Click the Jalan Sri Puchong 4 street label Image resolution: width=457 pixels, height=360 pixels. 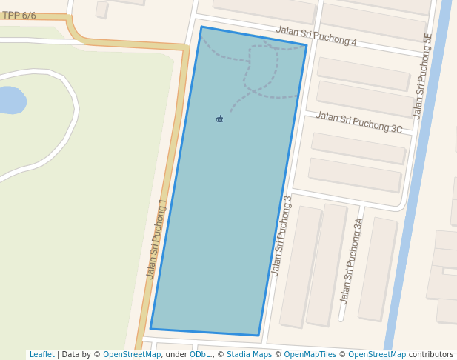(x=316, y=36)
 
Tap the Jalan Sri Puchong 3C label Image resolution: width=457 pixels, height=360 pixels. (x=358, y=122)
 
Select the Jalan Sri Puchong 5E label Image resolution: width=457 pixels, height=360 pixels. (x=423, y=76)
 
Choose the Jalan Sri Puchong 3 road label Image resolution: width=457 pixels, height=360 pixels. (x=282, y=236)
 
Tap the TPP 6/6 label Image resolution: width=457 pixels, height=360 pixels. (x=19, y=16)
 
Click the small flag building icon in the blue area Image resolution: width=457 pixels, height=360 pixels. (x=220, y=119)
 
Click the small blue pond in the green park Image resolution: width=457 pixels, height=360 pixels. (x=11, y=100)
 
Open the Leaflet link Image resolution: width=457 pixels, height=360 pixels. (x=41, y=355)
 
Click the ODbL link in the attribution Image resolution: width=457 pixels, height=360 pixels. (x=200, y=355)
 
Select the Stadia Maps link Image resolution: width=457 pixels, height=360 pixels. (x=249, y=355)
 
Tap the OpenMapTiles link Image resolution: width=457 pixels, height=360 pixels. (x=310, y=355)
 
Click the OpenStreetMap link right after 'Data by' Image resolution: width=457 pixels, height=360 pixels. (x=132, y=355)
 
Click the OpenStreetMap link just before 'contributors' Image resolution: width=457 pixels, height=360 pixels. (x=377, y=355)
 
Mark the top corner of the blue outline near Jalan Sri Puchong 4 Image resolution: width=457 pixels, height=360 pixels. (x=201, y=27)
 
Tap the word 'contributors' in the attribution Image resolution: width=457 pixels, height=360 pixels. (x=431, y=355)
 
